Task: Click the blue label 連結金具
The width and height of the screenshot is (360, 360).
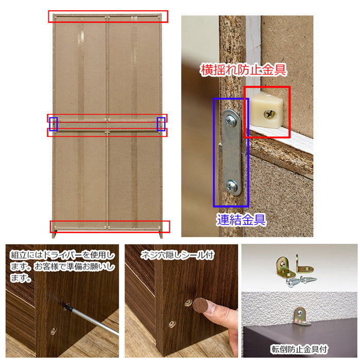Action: (240, 220)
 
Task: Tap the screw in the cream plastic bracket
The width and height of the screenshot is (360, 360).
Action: (270, 114)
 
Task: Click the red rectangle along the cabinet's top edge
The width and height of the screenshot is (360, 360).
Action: (108, 16)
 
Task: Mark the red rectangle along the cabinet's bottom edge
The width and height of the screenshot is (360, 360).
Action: (110, 226)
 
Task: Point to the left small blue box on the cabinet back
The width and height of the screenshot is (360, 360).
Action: (53, 123)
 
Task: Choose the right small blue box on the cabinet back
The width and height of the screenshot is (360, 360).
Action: (161, 123)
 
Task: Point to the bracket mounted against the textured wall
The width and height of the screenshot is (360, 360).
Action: (300, 315)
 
